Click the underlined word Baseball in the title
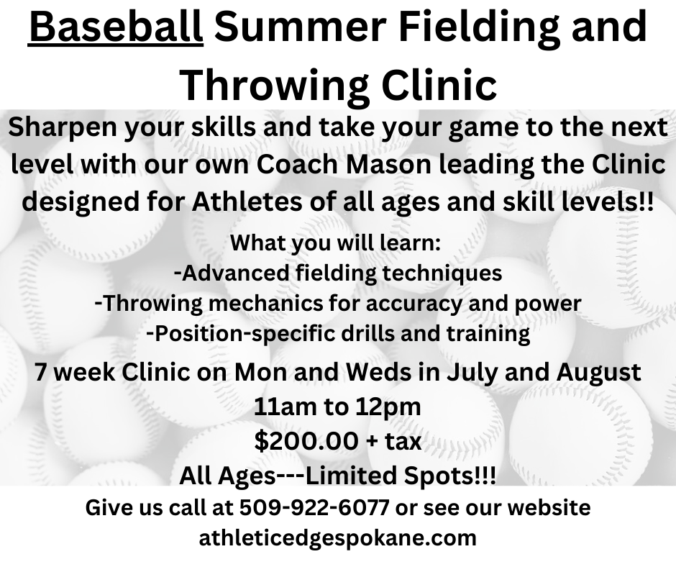click(116, 27)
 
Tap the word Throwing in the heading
click(275, 84)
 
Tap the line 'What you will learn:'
click(335, 242)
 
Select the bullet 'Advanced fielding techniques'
click(338, 273)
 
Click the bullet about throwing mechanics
click(338, 304)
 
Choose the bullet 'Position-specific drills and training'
click(338, 334)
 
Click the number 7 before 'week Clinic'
click(40, 373)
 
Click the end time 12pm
click(388, 408)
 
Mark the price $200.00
click(306, 441)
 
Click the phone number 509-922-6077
click(314, 507)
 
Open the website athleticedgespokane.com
click(337, 538)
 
